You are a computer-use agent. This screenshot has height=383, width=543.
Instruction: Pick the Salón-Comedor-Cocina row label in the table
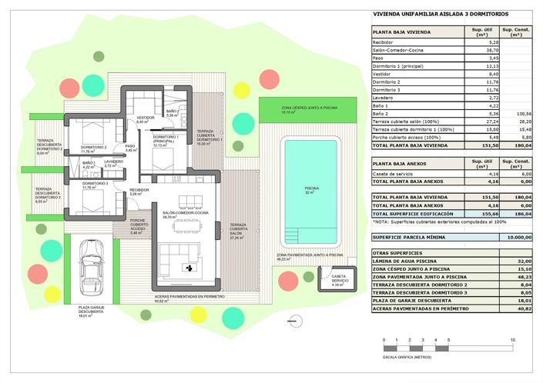point(402,50)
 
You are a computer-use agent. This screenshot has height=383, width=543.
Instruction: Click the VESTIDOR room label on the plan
point(146,118)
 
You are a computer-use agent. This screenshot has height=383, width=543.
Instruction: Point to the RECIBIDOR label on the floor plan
point(139,190)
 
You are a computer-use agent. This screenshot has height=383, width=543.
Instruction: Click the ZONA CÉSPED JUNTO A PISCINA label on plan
point(293,108)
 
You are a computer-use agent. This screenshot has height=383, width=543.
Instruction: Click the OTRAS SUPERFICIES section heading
point(395,252)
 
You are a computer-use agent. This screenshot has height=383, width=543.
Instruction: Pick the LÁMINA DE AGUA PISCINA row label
point(407,261)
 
